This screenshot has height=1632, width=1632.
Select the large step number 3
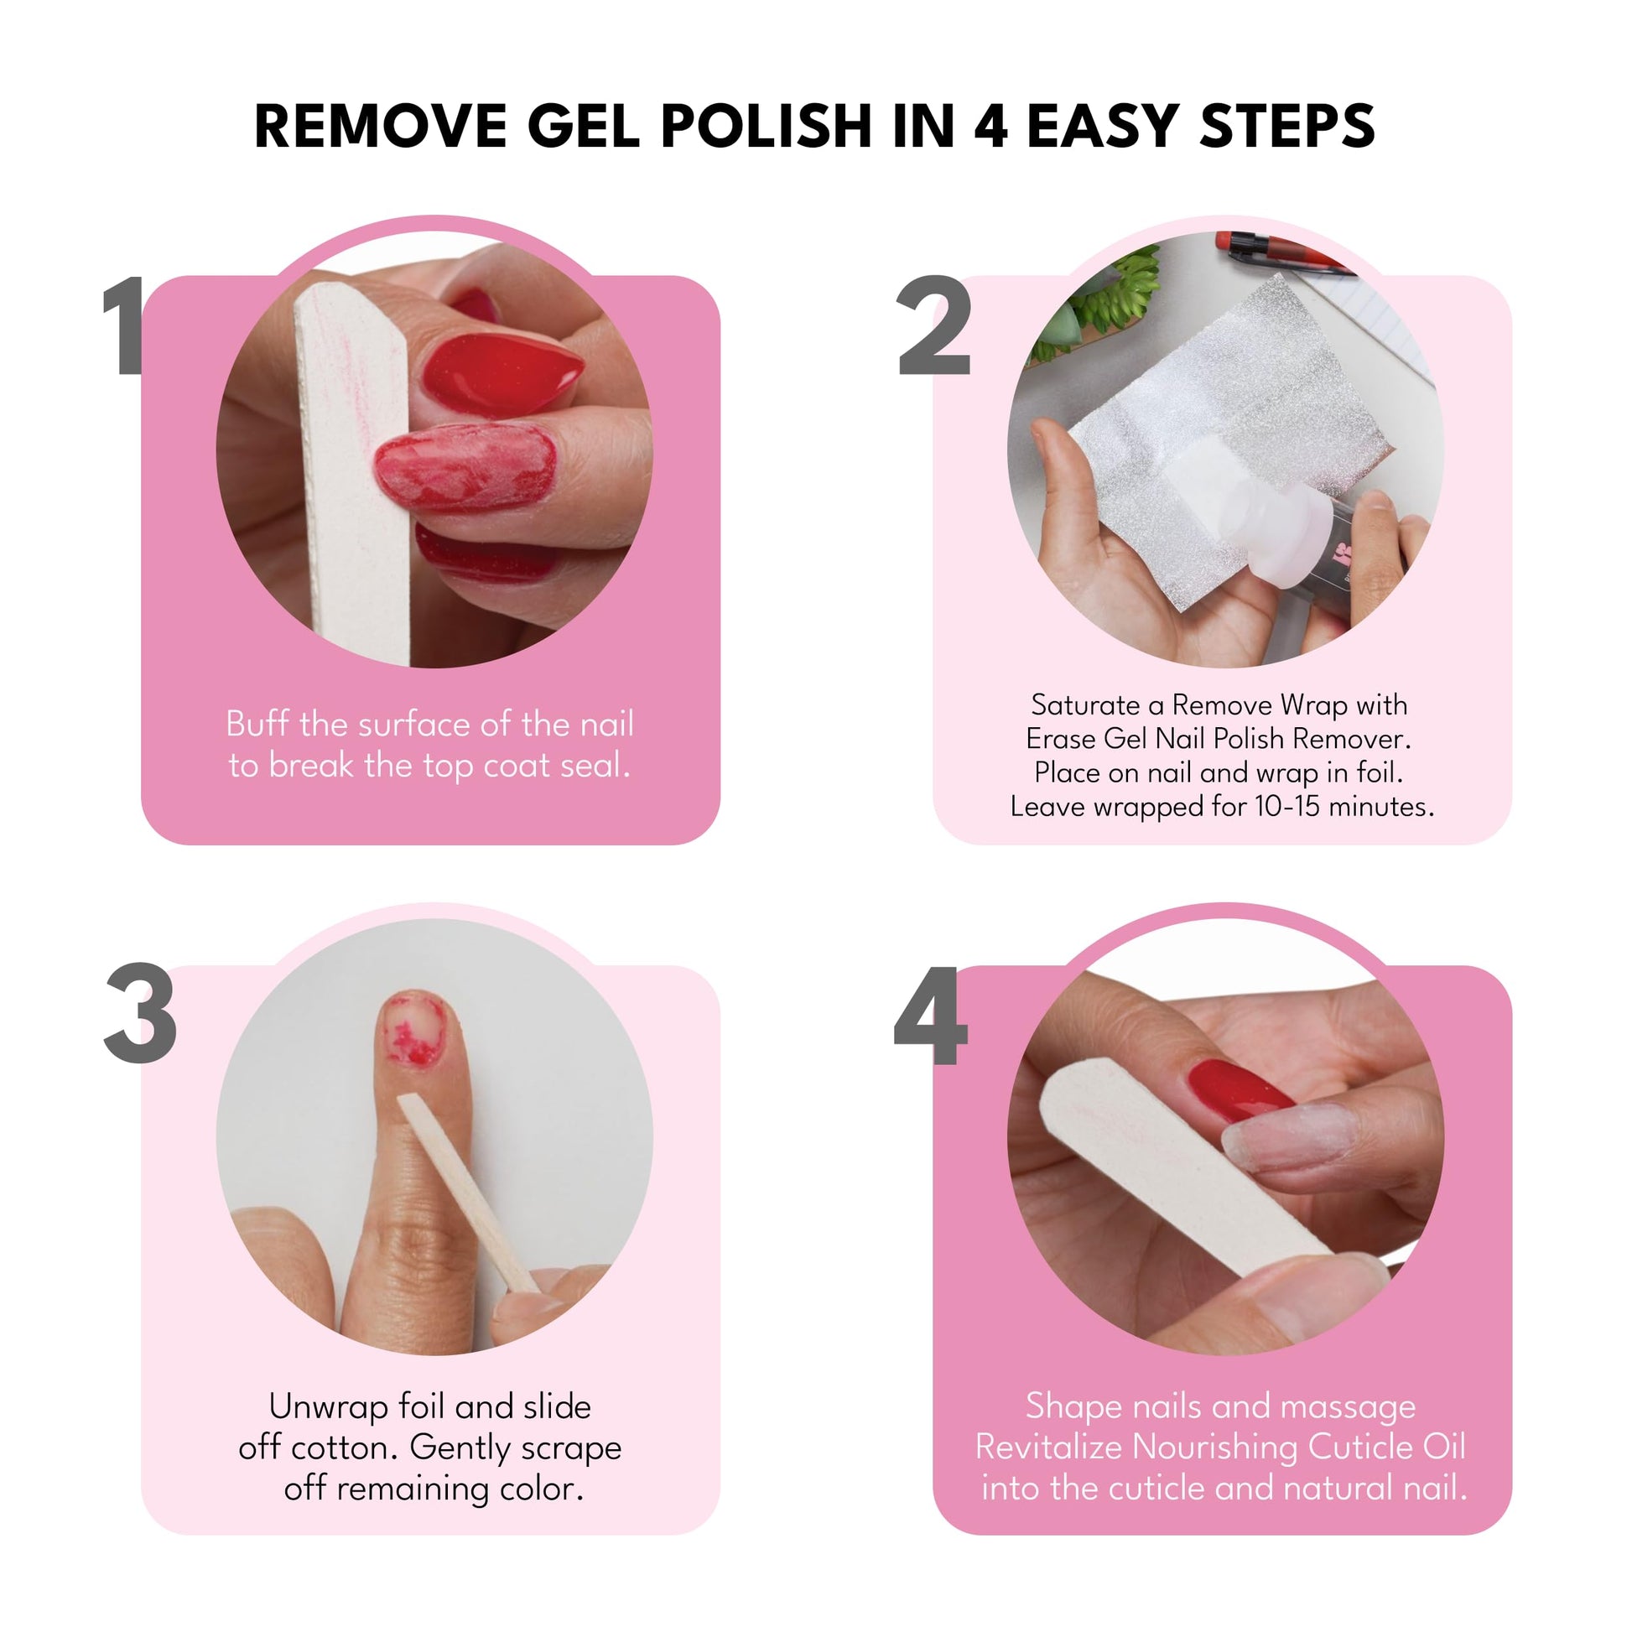pyautogui.click(x=140, y=1014)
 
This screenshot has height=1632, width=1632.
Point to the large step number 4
pyautogui.click(x=931, y=1015)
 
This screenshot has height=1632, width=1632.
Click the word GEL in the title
pyautogui.click(x=583, y=126)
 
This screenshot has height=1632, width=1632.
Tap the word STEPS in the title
pyautogui.click(x=1286, y=126)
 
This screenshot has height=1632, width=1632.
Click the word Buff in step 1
pyautogui.click(x=257, y=724)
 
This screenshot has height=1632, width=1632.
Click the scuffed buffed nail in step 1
pyautogui.click(x=464, y=467)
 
